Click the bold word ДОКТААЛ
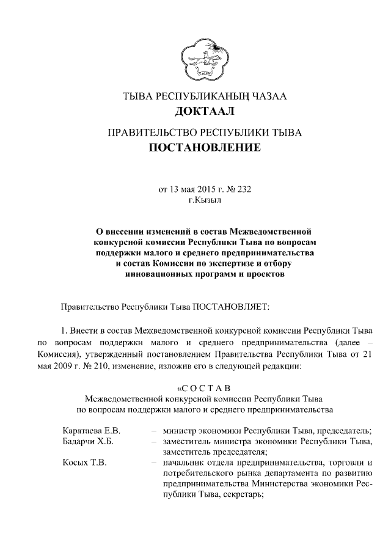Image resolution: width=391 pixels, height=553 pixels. [205, 111]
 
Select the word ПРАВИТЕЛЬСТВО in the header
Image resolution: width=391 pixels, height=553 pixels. [147, 131]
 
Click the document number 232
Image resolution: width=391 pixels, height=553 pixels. [243, 189]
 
